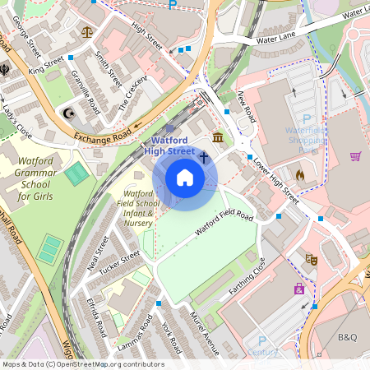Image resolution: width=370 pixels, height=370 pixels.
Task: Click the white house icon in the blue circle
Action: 185,178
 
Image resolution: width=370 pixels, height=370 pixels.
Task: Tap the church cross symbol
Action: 203,155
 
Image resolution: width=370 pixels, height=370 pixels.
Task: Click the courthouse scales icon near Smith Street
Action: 88,33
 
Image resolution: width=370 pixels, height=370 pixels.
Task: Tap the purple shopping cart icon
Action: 355,156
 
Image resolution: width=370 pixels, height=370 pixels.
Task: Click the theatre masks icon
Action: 312,258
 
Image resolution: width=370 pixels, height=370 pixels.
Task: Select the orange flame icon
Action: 299,174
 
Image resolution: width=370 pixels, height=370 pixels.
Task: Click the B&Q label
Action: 349,337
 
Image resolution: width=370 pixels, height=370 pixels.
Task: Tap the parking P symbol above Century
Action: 263,340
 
